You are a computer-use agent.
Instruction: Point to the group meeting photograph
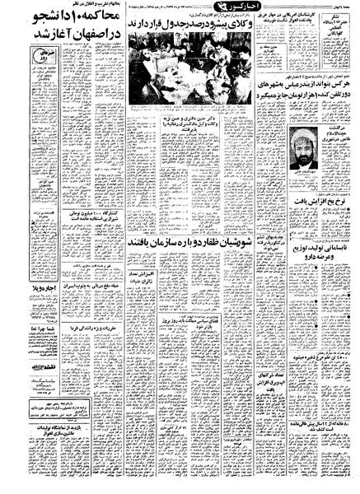coord(183,76)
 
